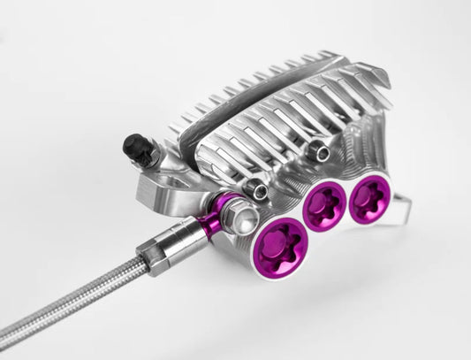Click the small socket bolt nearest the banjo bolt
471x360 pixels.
click(256, 188)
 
